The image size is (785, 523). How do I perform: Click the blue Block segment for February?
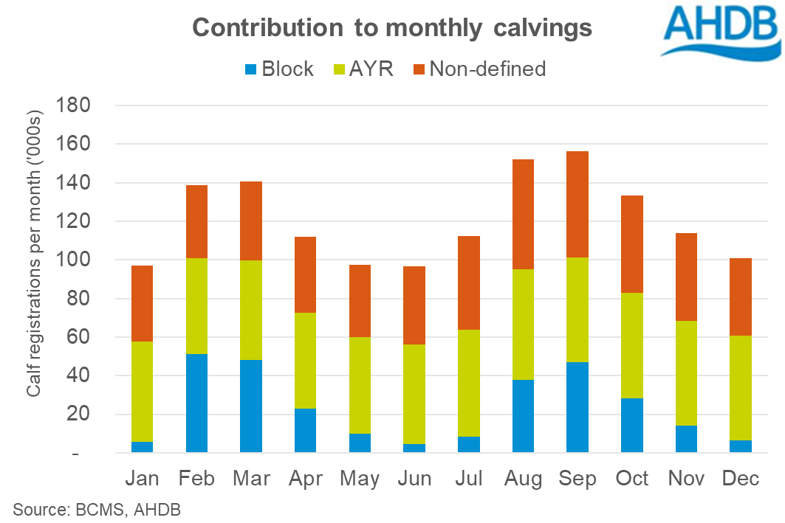pyautogui.click(x=196, y=403)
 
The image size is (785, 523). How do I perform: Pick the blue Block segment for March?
pyautogui.click(x=251, y=406)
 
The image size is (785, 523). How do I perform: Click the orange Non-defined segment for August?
pyautogui.click(x=523, y=214)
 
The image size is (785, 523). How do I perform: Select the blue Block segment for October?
pyautogui.click(x=632, y=425)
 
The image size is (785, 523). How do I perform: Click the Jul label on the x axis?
pyautogui.click(x=468, y=479)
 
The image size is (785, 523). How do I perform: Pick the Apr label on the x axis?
pyautogui.click(x=306, y=479)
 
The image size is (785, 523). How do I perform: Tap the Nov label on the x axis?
pyautogui.click(x=687, y=479)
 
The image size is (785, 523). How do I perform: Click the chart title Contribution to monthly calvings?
pyautogui.click(x=392, y=28)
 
